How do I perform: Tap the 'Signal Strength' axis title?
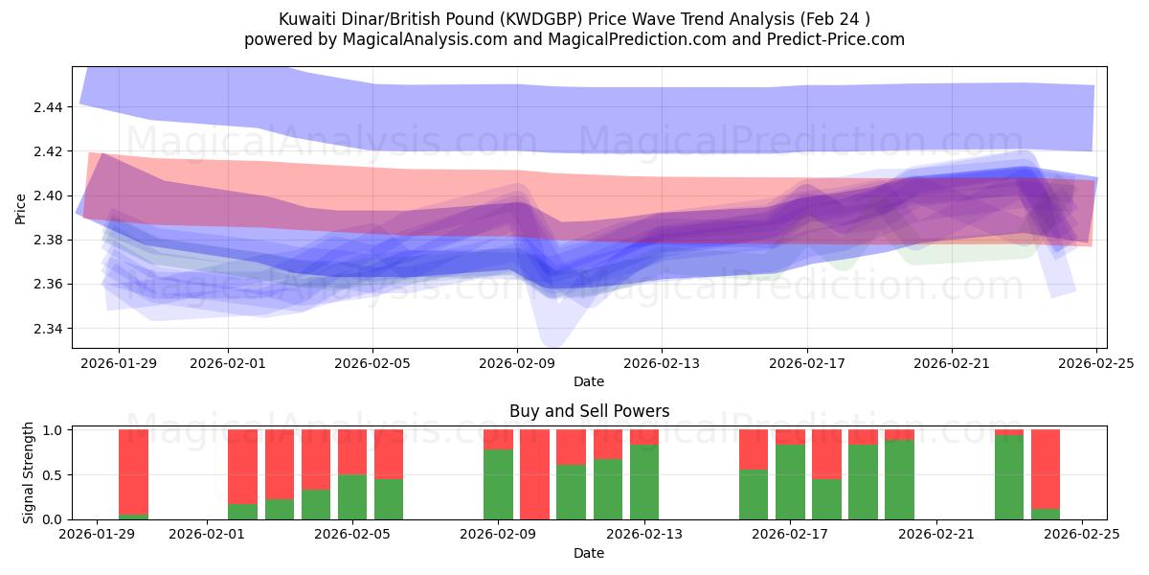tap(29, 472)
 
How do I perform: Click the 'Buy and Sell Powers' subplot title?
tap(589, 411)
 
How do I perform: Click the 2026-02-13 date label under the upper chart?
tap(662, 363)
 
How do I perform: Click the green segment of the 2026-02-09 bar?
tap(498, 484)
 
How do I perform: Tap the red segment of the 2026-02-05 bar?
tap(352, 451)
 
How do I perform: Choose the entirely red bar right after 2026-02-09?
tap(534, 474)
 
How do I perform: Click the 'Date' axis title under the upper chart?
tap(589, 381)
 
